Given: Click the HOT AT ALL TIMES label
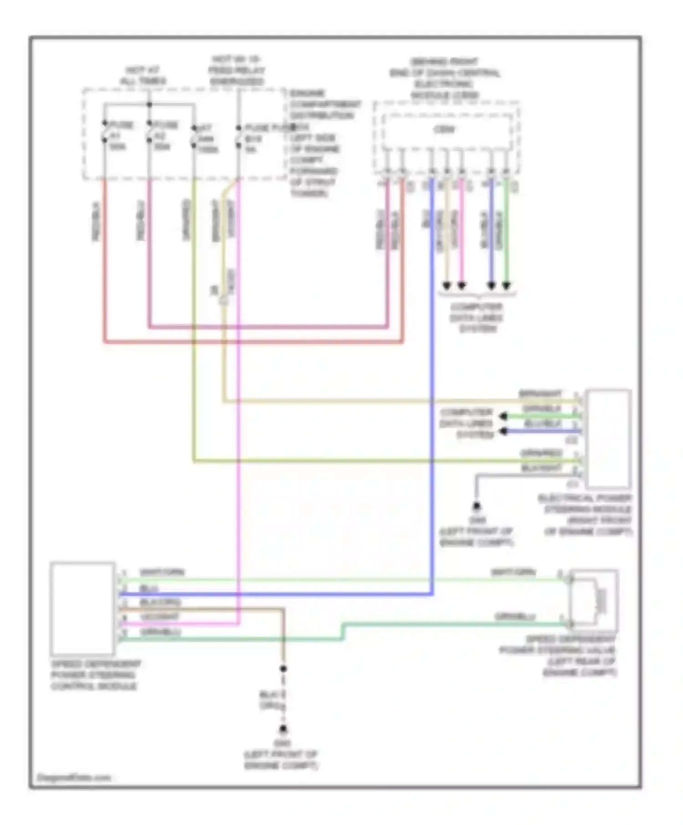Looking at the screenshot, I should (x=143, y=75).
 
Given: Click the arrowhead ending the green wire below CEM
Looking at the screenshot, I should (x=506, y=286).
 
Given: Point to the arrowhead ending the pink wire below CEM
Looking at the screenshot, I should (x=461, y=286).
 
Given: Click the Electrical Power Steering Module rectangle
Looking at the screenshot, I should (x=608, y=438).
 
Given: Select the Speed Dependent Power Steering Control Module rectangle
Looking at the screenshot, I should (x=82, y=609).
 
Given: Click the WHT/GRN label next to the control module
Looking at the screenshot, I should (x=162, y=572).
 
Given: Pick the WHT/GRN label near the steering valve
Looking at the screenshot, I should (x=513, y=572).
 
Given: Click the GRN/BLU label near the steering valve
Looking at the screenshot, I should (x=515, y=617).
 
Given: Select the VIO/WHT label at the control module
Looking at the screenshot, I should (x=159, y=617).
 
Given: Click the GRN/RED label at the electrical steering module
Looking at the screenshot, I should (x=541, y=453).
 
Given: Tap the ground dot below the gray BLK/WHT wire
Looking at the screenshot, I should (x=476, y=506).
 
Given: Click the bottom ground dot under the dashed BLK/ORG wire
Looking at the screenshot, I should (x=283, y=730).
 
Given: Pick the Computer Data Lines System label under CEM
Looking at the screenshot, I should (x=476, y=317).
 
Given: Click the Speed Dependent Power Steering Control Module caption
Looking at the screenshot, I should (x=96, y=675).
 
